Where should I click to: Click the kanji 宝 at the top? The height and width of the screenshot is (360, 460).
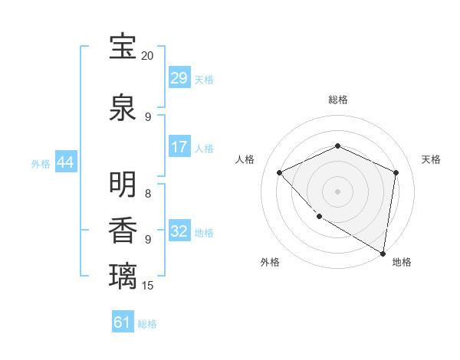click(x=123, y=47)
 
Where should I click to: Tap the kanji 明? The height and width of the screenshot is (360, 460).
click(x=123, y=185)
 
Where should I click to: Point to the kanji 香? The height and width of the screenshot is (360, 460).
click(x=123, y=230)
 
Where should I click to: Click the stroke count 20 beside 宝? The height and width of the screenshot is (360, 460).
click(x=148, y=56)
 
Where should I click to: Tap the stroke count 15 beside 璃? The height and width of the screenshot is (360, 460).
click(x=148, y=286)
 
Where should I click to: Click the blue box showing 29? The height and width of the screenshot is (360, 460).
click(x=179, y=78)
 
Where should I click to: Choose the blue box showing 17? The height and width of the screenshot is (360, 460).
click(x=179, y=147)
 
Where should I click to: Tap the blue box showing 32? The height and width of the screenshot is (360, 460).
click(x=179, y=231)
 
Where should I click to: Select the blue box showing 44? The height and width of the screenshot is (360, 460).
click(x=65, y=162)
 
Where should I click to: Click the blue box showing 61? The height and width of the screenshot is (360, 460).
click(x=123, y=323)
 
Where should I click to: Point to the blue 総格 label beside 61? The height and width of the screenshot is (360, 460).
click(x=147, y=324)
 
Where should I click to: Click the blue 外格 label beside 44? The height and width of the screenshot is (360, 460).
click(x=41, y=163)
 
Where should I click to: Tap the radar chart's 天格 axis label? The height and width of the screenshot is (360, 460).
click(x=432, y=159)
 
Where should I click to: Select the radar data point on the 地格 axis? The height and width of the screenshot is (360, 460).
click(x=383, y=253)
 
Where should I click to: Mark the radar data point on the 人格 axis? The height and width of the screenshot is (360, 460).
click(x=280, y=172)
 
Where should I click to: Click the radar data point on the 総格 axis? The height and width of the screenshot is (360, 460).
click(x=337, y=146)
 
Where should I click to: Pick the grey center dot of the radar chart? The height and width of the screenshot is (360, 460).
click(x=337, y=191)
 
